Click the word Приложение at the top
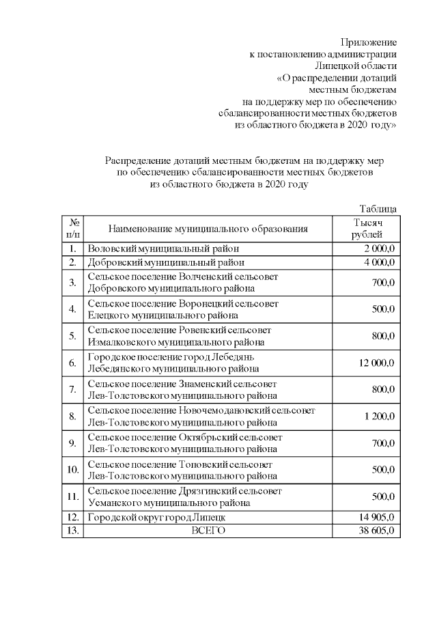pyautogui.click(x=368, y=42)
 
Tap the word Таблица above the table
pyautogui.click(x=378, y=209)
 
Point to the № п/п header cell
pyautogui.click(x=72, y=229)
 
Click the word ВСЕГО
pyautogui.click(x=208, y=531)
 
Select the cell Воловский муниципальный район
pyautogui.click(x=163, y=249)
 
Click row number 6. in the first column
pyautogui.click(x=72, y=363)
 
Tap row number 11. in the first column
pyautogui.click(x=72, y=496)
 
